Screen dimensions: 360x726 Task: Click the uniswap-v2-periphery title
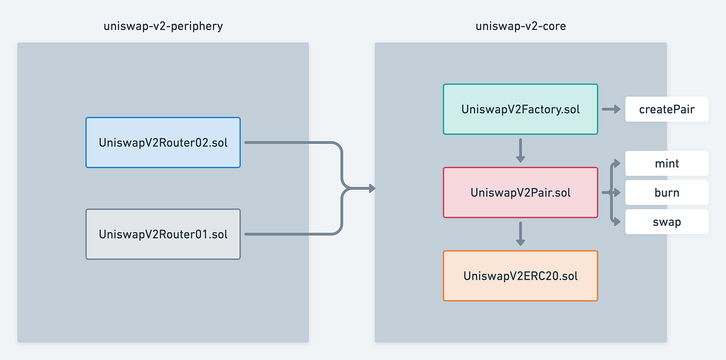coord(163,26)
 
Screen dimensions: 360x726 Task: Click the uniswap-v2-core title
coord(521,26)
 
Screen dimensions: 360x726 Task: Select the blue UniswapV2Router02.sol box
coord(163,142)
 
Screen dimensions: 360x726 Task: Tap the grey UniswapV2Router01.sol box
coord(163,234)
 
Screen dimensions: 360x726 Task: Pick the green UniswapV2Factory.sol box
coord(520,109)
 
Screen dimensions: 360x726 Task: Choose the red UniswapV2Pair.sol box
coord(520,193)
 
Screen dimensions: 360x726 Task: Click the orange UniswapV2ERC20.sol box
coord(520,276)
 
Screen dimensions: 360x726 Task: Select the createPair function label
coord(667,109)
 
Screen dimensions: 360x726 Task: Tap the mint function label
coord(667,164)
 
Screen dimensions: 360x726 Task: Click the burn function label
coord(667,193)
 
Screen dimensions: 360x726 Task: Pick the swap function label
coord(667,221)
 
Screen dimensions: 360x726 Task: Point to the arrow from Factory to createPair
coord(611,109)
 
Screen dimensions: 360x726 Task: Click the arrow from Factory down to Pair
coord(520,151)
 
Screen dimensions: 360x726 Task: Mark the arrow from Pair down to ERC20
coord(520,234)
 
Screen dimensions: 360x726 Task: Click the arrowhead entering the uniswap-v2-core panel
coord(372,188)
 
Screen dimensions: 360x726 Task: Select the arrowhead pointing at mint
coord(618,164)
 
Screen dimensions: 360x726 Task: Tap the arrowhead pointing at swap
coord(618,221)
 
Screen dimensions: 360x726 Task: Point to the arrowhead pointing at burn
coord(618,193)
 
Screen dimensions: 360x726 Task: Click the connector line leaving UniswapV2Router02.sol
coord(289,142)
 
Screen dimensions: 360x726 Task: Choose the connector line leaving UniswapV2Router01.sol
coord(289,234)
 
